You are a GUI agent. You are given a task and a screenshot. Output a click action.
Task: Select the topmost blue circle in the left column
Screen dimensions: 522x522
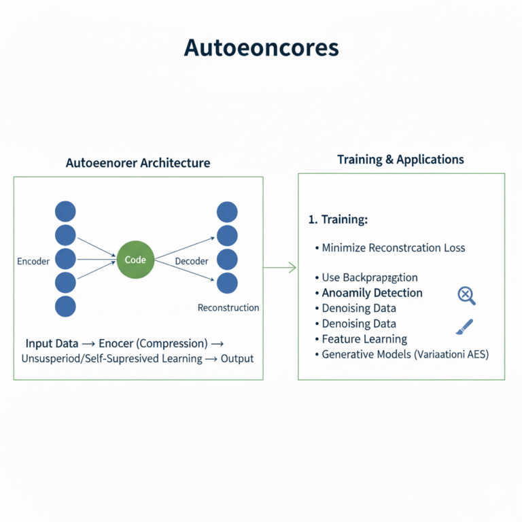[x=65, y=211]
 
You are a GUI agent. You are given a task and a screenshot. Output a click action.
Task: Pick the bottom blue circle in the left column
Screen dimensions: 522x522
[x=65, y=306]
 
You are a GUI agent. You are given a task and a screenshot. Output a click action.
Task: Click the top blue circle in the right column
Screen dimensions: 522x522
[x=227, y=212]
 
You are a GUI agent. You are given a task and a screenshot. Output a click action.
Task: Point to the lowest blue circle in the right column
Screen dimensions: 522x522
[x=227, y=283]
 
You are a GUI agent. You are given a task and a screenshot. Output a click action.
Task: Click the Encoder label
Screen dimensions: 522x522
[x=33, y=262]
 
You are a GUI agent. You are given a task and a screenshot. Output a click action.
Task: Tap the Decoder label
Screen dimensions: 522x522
[x=192, y=262]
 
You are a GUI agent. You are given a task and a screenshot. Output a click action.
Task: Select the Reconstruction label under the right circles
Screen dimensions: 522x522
[x=228, y=308]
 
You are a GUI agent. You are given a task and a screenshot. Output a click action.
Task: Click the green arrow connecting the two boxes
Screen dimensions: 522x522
[x=280, y=268]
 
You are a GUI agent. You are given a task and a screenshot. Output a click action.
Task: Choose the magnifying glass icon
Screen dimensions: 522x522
[x=466, y=295]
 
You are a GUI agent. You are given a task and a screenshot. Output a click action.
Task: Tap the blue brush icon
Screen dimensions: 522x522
[x=464, y=327]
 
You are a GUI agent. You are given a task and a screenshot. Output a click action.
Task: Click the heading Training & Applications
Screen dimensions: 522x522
[x=400, y=160]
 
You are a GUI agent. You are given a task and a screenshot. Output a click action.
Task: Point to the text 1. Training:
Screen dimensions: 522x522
[x=338, y=220]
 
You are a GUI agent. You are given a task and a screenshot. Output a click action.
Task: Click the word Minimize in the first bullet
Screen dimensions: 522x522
[x=343, y=248]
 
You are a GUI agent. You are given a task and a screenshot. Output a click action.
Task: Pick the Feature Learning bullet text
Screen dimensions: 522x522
[x=364, y=339]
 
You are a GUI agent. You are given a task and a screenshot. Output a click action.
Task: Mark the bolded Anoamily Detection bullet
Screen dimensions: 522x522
[x=372, y=293]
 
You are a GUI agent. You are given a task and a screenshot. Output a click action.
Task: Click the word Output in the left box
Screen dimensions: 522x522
[x=237, y=358]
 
